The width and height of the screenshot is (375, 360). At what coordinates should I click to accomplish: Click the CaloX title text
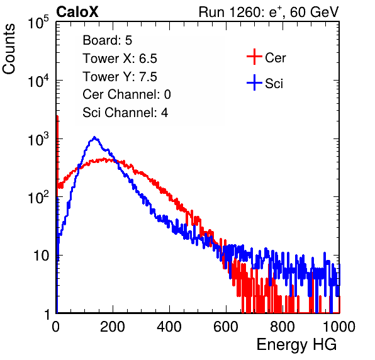coord(77,12)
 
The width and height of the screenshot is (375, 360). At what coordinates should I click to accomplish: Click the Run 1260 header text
coord(269,12)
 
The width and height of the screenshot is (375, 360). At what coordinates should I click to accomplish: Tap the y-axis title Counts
coord(9,49)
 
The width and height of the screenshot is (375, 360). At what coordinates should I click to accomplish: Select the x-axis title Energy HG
coord(296,345)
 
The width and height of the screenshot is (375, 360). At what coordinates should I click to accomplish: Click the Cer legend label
coord(275,58)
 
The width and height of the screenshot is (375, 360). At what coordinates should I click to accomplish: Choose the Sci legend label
coord(274,84)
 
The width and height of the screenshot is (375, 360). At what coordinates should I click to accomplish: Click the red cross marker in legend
coord(254,57)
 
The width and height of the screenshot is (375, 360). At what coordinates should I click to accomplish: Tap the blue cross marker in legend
coord(254,82)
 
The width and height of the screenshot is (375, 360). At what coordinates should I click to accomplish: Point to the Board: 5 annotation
coord(107,40)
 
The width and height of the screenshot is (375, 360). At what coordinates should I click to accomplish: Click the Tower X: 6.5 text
coord(120,59)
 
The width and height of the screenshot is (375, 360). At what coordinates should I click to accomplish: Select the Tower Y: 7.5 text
coord(120,77)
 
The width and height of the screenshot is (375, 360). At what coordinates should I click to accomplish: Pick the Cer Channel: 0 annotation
coord(126,94)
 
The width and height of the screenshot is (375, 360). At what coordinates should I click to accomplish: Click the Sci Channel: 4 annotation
coord(125,113)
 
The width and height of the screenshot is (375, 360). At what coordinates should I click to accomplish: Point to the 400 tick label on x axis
coord(169,327)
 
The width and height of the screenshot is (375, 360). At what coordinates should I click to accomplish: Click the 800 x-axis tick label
coord(283,327)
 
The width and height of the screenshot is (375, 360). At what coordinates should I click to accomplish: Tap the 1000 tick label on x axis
coord(339,327)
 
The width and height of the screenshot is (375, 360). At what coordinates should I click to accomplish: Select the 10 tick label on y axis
coord(41,256)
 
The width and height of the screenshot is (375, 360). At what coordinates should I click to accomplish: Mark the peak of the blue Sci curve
coord(95,137)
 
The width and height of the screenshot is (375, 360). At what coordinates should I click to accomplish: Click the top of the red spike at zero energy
coord(57,116)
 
